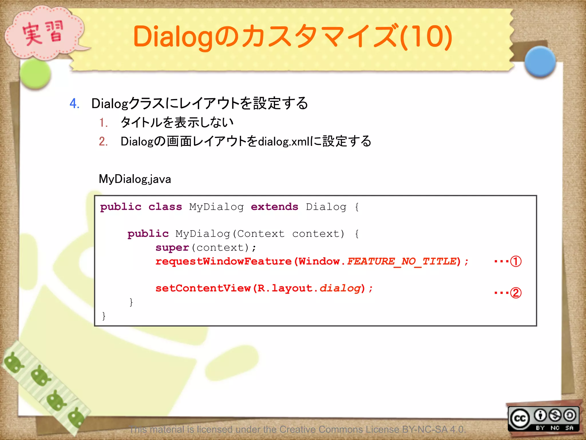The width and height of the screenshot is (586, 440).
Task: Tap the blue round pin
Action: [540, 62]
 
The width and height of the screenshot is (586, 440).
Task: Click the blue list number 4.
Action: [74, 103]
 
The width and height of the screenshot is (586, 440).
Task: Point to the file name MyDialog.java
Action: [135, 179]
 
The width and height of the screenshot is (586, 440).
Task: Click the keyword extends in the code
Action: [274, 207]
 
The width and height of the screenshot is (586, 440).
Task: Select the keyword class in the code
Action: [165, 207]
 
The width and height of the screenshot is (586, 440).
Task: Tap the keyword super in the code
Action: [172, 247]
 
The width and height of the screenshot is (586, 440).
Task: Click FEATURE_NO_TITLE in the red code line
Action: [402, 261]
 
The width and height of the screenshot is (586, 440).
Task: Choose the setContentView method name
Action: [203, 288]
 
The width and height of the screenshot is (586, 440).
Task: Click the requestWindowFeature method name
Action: [223, 261]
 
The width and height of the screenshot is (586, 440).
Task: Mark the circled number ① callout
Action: [516, 261]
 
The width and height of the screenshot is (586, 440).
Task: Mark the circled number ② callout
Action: [516, 292]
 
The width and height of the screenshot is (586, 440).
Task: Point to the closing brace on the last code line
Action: [104, 316]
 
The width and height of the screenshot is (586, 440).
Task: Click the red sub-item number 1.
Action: [103, 123]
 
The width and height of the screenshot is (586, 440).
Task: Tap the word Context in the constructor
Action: [261, 234]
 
